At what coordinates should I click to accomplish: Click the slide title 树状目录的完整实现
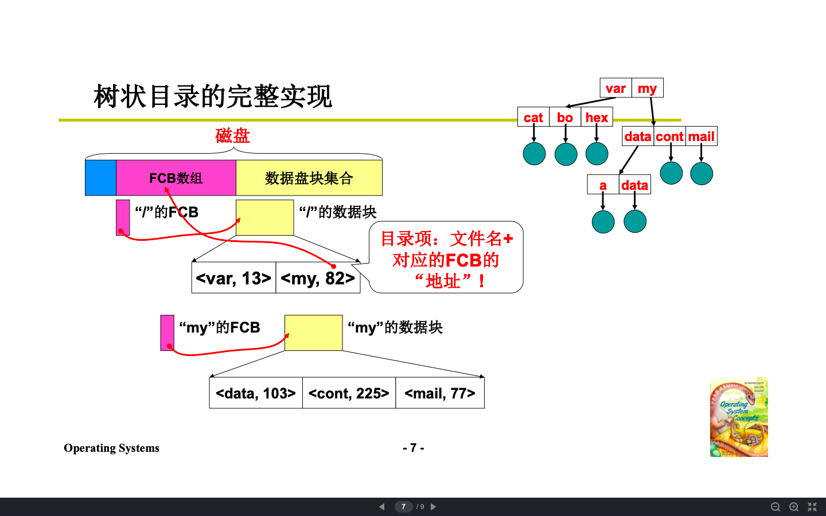tap(212, 96)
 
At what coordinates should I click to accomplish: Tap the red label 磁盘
tap(232, 136)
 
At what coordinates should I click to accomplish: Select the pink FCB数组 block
tap(176, 178)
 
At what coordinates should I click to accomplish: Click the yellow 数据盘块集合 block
tap(309, 178)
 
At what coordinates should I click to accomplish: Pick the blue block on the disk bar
tap(100, 178)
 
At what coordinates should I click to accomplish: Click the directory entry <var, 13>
tap(233, 278)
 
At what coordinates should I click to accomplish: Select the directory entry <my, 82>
tap(318, 278)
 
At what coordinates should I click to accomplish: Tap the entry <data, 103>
tap(256, 393)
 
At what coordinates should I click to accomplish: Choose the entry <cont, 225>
tap(349, 393)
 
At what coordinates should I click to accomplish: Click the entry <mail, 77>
tap(440, 393)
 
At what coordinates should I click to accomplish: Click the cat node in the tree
tap(533, 118)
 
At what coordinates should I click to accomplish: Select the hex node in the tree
tap(597, 118)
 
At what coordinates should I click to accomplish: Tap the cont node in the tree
tap(669, 136)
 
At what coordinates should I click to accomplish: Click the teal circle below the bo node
tap(566, 154)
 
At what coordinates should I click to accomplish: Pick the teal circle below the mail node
tap(702, 174)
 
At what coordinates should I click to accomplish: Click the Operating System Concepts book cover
tap(739, 417)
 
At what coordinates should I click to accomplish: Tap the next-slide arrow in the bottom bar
tap(434, 507)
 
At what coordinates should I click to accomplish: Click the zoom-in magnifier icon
tap(794, 507)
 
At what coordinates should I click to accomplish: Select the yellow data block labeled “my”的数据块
tap(313, 333)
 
